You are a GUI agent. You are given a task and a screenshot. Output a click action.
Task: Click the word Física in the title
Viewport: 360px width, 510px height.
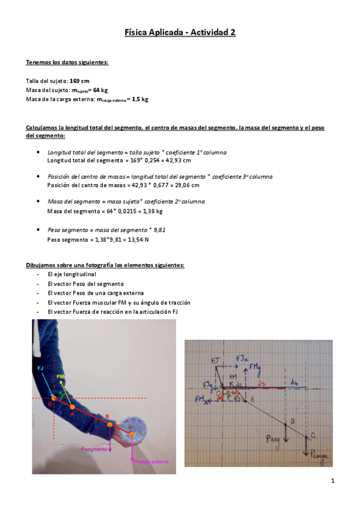coord(138,34)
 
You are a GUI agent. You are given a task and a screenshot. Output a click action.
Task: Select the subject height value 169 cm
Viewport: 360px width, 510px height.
coord(81,81)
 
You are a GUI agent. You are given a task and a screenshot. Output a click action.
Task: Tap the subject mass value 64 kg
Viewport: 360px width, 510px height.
coord(100,90)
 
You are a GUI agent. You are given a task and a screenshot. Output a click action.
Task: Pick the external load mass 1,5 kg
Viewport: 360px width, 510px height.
coord(140,99)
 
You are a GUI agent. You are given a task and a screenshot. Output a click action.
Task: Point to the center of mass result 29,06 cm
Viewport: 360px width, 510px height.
coord(186,185)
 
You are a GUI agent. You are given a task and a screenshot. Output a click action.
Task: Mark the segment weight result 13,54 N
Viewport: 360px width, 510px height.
coord(136,239)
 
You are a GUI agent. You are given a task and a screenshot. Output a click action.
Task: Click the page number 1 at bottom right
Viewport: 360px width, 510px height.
coord(332,481)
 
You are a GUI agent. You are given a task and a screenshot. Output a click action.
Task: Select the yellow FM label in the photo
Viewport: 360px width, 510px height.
coord(60,376)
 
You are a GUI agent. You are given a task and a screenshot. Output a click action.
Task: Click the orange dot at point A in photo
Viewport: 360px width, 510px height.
coord(72,407)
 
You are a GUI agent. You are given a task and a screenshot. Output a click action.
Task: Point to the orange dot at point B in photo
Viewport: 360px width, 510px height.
coord(110,425)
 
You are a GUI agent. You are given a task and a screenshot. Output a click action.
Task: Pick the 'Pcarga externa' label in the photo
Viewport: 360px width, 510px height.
coord(151,461)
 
